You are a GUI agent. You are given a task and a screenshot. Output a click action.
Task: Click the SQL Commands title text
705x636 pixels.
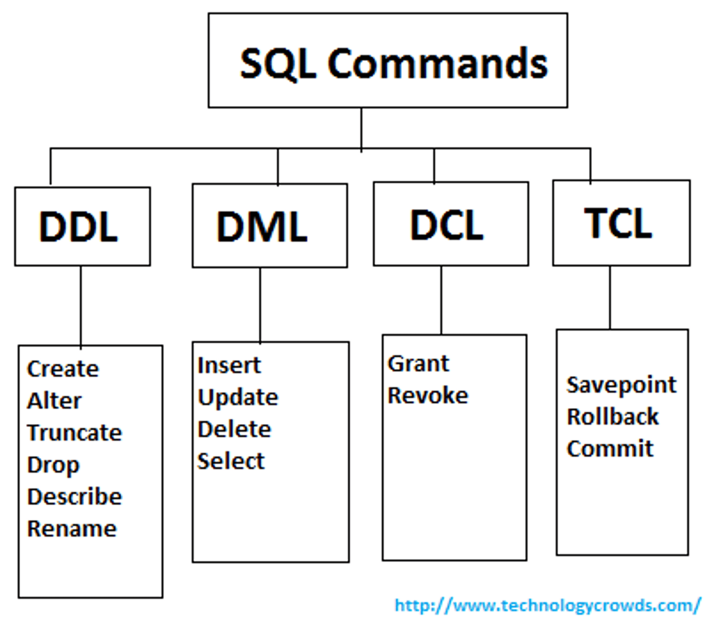coord(393,64)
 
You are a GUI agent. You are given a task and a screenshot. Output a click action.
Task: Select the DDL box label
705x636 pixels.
coord(78,227)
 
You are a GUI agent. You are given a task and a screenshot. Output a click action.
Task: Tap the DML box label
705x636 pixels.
coord(262,227)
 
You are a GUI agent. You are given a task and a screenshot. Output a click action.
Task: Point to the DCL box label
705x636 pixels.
coord(446,225)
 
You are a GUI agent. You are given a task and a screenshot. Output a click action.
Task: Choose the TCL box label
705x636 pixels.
coord(618,223)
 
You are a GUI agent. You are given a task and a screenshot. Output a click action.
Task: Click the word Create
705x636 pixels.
coord(63,369)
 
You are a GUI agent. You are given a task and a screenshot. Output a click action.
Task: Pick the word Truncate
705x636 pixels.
coord(74,433)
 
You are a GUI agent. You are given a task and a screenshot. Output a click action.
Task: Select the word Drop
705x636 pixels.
coord(53,465)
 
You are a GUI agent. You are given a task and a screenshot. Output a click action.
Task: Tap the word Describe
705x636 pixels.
coord(74,497)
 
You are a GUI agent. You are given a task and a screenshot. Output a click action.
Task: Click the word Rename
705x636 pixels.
coord(72,528)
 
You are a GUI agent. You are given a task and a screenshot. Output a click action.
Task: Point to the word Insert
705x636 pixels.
coord(229,365)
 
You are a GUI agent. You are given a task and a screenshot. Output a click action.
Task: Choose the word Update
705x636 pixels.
coord(237,397)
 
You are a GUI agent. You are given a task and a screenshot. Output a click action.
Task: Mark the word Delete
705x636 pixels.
coord(234,429)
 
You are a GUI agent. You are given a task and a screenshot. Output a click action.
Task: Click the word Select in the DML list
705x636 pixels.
coord(231,461)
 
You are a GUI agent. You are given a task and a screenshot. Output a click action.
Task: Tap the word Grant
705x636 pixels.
coord(418,364)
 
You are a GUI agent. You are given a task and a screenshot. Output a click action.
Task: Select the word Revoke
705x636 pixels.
coord(428,395)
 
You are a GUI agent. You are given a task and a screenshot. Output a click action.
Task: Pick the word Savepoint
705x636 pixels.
coord(621,385)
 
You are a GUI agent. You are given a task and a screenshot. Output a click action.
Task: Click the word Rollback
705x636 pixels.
coord(612,417)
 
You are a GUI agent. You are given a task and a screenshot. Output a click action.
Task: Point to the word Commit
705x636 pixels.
coord(610,449)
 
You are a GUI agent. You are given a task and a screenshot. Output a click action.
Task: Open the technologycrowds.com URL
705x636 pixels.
coord(548,605)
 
